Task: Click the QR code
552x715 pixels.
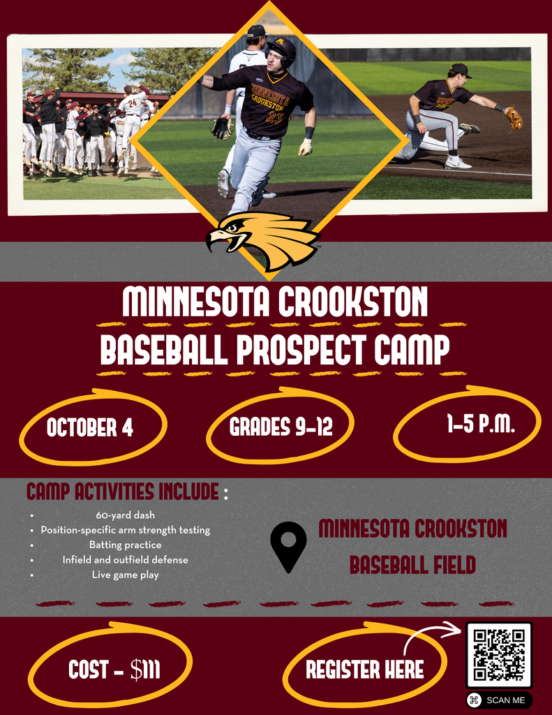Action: [x=499, y=654]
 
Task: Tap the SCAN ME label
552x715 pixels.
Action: [x=505, y=700]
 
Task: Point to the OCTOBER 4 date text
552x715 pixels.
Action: [x=90, y=428]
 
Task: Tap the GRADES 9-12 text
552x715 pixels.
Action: [x=281, y=427]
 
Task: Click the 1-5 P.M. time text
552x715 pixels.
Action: [x=480, y=424]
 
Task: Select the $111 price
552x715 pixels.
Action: [x=145, y=670]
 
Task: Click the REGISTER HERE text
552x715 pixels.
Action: [x=365, y=670]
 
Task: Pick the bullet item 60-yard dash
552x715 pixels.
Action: [x=126, y=515]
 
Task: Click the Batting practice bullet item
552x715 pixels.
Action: [x=126, y=545]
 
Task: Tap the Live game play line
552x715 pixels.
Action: [x=126, y=575]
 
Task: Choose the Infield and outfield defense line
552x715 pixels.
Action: [x=126, y=559]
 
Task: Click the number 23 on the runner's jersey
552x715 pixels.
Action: [x=274, y=118]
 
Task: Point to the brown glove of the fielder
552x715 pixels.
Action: [x=514, y=117]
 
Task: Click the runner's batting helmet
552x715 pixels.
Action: [x=281, y=50]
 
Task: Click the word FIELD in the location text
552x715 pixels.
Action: [x=454, y=565]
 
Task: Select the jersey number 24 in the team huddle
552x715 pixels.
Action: [x=132, y=103]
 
